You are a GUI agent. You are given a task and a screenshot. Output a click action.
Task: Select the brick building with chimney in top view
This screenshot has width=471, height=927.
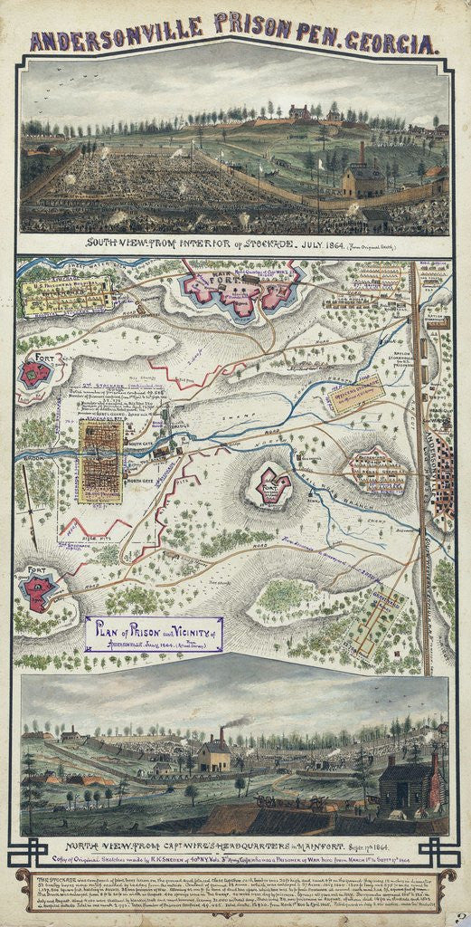click(x=363, y=178)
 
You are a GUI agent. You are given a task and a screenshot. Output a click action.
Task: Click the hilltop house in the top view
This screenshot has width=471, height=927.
click(x=299, y=112)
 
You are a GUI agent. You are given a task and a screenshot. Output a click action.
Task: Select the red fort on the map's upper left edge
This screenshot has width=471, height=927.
click(x=37, y=372)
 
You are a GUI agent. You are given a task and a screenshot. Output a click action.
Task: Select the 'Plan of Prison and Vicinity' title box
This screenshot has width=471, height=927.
click(x=154, y=633)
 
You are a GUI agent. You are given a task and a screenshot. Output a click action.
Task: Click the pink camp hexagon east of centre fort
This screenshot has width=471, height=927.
click(x=374, y=468)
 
